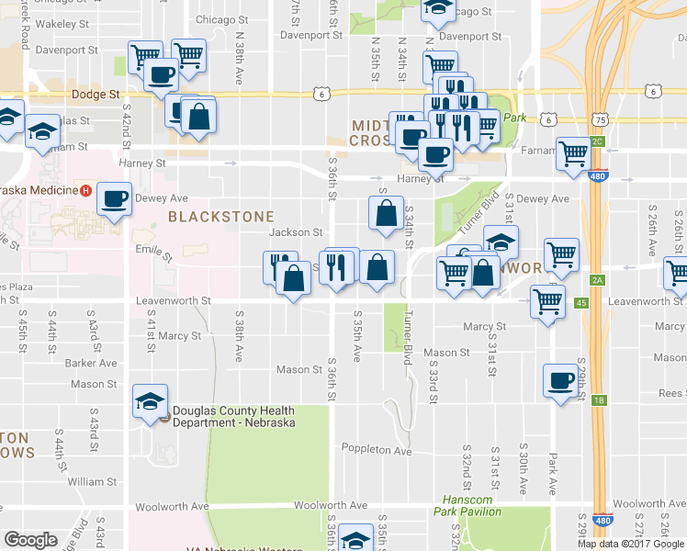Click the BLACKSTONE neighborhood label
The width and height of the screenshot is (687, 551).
(x=221, y=217)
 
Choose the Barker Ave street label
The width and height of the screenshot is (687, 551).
(x=91, y=363)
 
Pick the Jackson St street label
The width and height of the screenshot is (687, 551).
(x=296, y=233)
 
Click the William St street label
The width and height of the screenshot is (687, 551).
(x=92, y=481)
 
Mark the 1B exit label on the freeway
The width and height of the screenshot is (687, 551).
(x=600, y=400)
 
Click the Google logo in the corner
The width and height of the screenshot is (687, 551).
(x=30, y=540)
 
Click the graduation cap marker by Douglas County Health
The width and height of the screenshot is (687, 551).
(x=150, y=400)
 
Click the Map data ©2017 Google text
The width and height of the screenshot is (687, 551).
(x=631, y=543)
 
